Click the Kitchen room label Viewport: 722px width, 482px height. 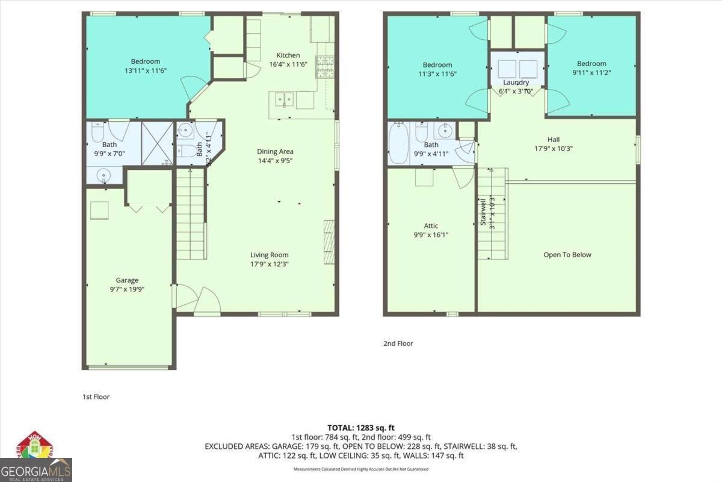(288, 55)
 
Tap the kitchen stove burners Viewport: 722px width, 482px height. (325, 67)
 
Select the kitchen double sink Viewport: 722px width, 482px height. (283, 99)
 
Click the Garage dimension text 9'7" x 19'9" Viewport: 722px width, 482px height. (127, 289)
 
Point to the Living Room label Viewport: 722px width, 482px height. (269, 255)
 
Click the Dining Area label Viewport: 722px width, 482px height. (275, 151)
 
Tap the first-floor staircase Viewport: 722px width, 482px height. (190, 214)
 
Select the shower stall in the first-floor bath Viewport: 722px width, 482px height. (156, 143)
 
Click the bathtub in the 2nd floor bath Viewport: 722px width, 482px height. (398, 143)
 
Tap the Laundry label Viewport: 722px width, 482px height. (516, 83)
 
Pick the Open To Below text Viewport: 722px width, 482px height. (567, 254)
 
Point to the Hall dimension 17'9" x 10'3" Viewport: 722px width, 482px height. (553, 149)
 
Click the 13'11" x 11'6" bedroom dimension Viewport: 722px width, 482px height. (145, 70)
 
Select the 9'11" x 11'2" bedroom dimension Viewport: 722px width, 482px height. (591, 73)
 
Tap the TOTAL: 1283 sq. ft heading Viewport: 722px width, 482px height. (360, 427)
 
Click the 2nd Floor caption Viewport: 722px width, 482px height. (398, 343)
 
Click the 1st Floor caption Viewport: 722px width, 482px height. (96, 397)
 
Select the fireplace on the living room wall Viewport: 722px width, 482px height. (329, 242)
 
